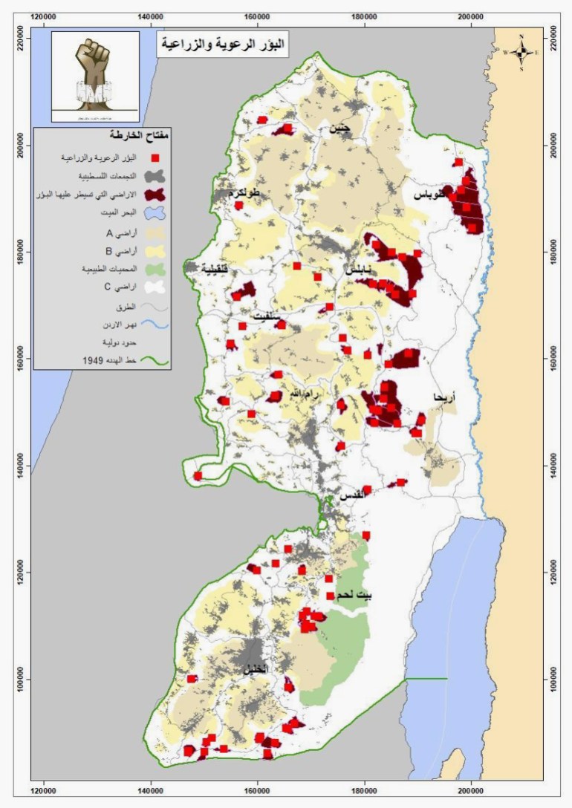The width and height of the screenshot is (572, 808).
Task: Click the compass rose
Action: [x=522, y=52]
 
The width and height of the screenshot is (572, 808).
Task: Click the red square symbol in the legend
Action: [x=155, y=158]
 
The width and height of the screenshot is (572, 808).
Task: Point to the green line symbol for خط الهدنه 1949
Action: [x=155, y=362]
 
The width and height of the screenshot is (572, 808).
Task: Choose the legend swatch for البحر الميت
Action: [x=155, y=214]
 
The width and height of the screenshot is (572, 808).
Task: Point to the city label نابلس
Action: [x=358, y=272]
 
